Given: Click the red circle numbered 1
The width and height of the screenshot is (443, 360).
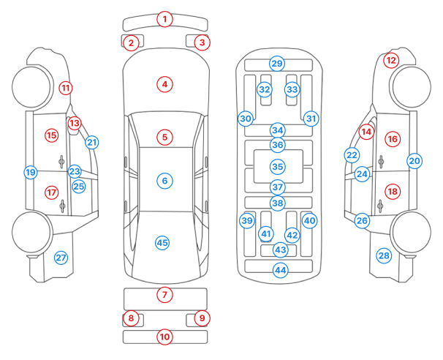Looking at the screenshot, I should point(165,19).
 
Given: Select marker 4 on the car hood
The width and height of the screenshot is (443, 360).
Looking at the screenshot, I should point(165,84).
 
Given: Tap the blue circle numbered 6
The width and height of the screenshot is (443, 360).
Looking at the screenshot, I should point(165,180).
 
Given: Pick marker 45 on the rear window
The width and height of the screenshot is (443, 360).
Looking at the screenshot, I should point(162,242).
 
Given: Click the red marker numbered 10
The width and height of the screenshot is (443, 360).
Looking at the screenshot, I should point(165,337).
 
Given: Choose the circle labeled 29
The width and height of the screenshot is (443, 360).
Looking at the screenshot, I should point(276,64).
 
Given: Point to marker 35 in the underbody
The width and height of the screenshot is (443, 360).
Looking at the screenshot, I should point(277,167).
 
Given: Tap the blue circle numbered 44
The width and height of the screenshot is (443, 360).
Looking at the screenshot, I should point(280,271).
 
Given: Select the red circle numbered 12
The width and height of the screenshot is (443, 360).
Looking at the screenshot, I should point(392,60).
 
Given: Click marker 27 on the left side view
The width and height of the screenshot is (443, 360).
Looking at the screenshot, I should point(61,258).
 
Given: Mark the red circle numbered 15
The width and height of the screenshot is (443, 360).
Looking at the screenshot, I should point(51,135).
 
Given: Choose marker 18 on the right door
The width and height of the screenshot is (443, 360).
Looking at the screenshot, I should point(393,191).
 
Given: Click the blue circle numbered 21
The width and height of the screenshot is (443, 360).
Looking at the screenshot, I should point(91,142).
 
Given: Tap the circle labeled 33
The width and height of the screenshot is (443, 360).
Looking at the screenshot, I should point(292,89).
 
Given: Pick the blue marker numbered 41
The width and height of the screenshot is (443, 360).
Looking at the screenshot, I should point(266,233).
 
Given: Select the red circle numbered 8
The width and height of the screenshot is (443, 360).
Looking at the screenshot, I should point(131,318).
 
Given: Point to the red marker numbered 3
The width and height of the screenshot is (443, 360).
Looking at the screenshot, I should point(202,42).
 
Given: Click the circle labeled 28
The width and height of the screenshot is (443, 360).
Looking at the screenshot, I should point(384,255).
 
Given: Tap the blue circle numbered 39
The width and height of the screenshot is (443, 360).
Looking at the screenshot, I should point(247,220).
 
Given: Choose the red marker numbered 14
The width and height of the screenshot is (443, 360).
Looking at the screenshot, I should point(366,132).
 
